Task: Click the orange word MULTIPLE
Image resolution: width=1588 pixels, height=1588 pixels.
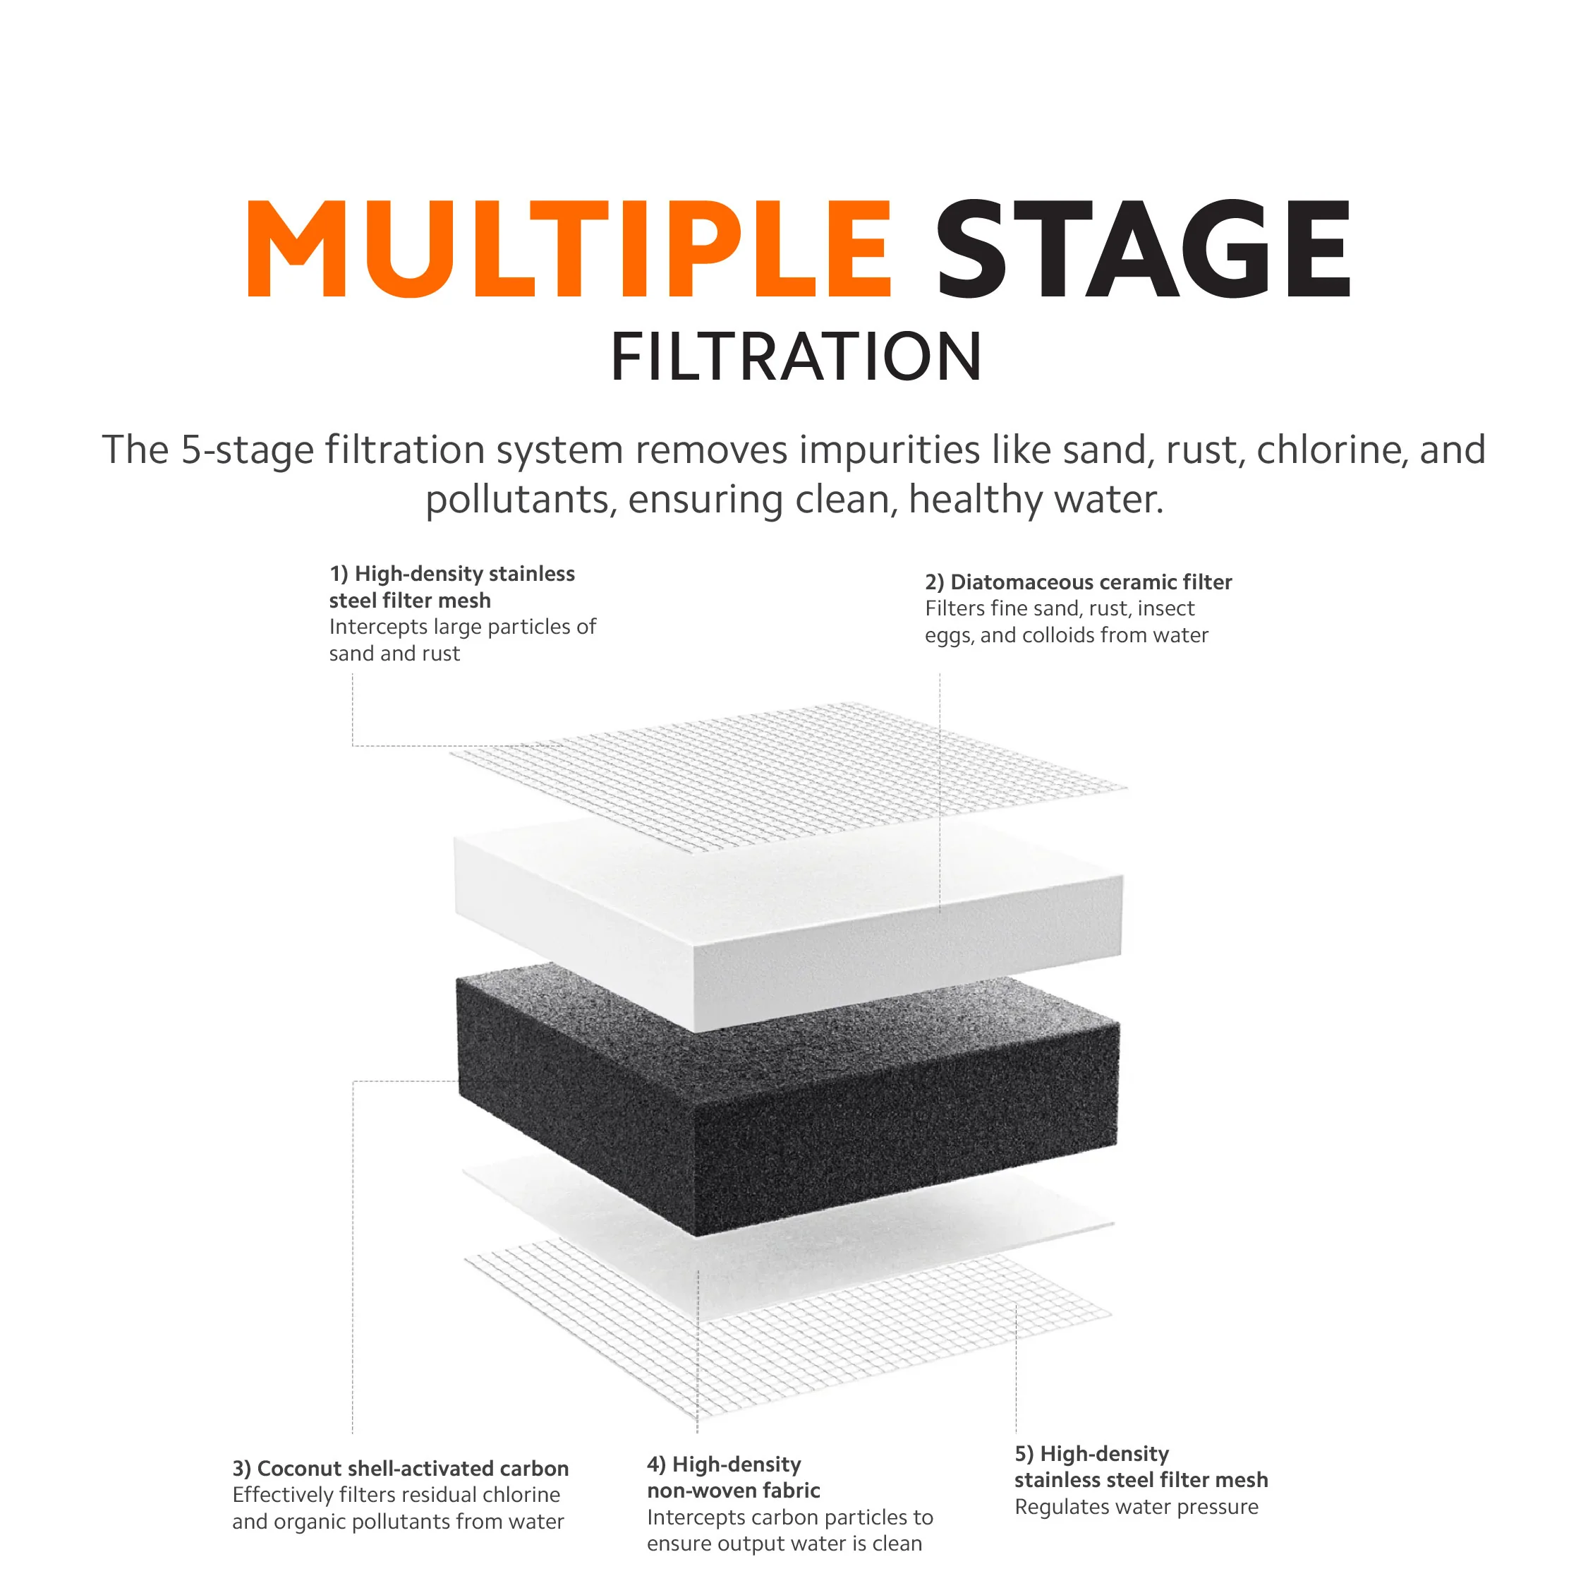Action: click(569, 248)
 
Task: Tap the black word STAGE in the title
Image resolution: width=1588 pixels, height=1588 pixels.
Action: click(1143, 248)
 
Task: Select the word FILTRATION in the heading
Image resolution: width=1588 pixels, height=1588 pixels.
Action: click(796, 357)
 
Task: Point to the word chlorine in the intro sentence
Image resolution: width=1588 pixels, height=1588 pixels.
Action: click(1331, 450)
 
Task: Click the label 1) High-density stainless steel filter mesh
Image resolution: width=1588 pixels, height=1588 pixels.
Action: click(452, 587)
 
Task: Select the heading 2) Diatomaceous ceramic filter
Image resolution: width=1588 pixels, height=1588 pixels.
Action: click(1079, 582)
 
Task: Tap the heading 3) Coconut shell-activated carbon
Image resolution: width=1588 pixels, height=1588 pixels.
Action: click(400, 1469)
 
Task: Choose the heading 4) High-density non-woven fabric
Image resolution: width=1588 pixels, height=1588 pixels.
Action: click(733, 1478)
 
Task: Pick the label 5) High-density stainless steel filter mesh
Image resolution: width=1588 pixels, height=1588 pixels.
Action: click(1141, 1467)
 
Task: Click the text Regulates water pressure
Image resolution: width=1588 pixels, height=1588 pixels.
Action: click(1136, 1507)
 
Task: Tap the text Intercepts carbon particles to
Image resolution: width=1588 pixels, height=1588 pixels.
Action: click(790, 1517)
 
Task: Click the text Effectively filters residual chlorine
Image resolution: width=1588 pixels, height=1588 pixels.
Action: click(396, 1495)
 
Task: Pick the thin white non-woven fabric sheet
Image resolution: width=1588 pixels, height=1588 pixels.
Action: click(789, 1209)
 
